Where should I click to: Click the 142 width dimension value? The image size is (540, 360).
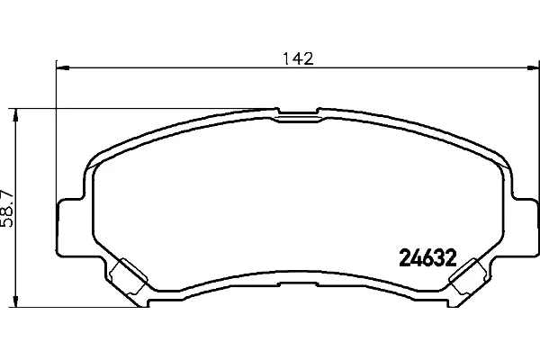(298, 58)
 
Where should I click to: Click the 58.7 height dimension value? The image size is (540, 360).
(7, 208)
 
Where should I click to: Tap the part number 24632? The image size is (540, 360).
(427, 258)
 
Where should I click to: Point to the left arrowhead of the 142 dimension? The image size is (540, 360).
(63, 68)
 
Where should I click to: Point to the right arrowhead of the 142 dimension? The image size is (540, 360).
(531, 68)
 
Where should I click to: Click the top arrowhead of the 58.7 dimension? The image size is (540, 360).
(15, 115)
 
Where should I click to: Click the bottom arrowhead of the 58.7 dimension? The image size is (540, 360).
(15, 300)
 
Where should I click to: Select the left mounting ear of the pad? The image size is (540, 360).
(70, 227)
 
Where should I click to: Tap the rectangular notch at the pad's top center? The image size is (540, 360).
(298, 111)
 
